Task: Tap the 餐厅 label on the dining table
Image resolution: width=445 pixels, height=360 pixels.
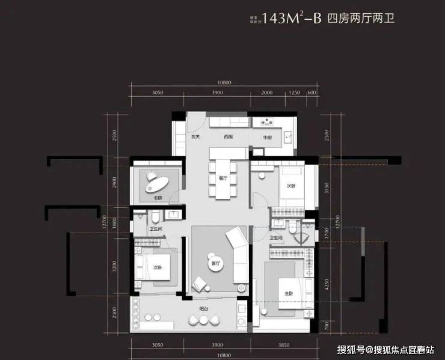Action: click(222, 178)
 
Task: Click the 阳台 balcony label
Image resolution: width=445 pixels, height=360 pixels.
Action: click(204, 308)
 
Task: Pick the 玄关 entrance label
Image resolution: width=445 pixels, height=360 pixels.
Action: click(196, 137)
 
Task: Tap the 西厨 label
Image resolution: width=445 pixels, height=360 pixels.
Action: click(228, 137)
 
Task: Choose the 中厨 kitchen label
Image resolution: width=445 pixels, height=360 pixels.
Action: click(267, 137)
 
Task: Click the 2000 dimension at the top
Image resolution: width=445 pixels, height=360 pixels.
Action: click(268, 93)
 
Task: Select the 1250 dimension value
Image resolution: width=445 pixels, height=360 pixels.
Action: click(294, 93)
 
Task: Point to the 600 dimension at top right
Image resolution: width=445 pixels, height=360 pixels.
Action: click(311, 93)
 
